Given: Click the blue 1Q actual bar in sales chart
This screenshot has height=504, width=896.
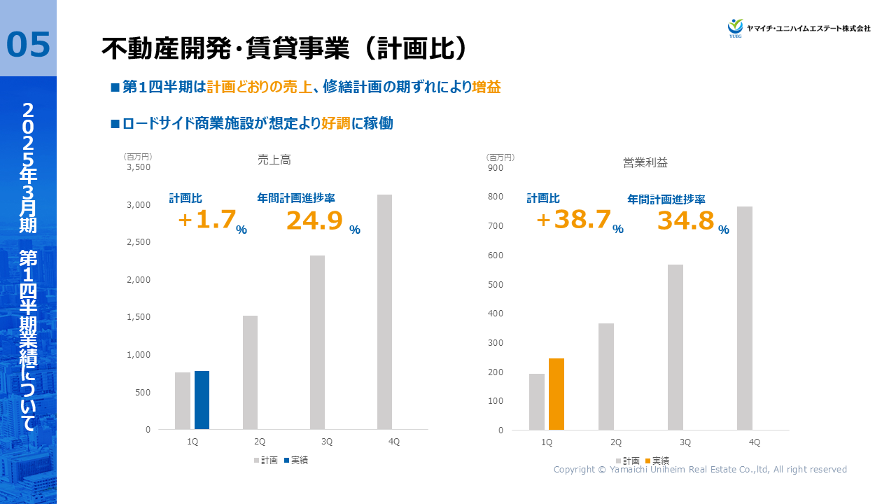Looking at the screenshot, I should coord(202,400).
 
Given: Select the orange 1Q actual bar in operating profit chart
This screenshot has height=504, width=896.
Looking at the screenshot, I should coord(556,394).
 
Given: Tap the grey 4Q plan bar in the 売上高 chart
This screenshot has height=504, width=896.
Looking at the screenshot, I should coord(384,311).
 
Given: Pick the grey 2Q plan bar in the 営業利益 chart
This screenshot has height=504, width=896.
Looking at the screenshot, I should coord(606,377).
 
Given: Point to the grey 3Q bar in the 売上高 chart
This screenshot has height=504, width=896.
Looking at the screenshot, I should coord(317,342).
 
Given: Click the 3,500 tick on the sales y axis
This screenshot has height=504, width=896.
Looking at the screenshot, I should coord(139,167).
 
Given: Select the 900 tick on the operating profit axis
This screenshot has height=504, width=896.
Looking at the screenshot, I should coord(496,167).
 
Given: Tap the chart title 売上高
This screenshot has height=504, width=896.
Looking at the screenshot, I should coord(274,160).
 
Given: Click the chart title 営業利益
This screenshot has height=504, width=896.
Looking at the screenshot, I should coord(645,162).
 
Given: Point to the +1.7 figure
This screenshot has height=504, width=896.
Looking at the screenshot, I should coord(207,220).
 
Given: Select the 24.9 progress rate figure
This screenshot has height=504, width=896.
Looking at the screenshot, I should coord(314,221).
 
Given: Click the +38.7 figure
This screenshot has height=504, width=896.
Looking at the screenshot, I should coord(574,220).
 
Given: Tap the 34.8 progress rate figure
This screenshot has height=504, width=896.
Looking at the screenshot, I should coord(685,221).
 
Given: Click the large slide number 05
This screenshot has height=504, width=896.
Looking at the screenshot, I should coord(28,45).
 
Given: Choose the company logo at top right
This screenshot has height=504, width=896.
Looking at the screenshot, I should coord(799,28).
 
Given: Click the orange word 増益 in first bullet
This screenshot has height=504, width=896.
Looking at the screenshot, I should coord(486,87).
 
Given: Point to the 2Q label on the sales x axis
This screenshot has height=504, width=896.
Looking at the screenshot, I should coord(260,442).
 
